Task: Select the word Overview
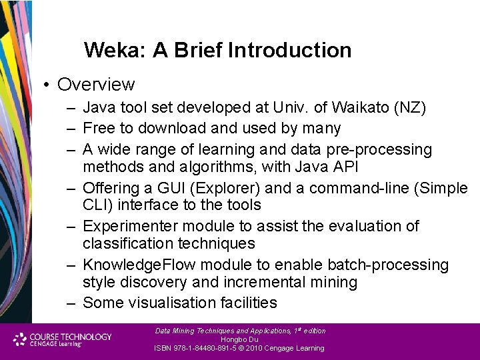[96, 85]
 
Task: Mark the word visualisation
[169, 303]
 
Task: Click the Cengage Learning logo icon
[21, 339]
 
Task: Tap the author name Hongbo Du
[239, 339]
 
